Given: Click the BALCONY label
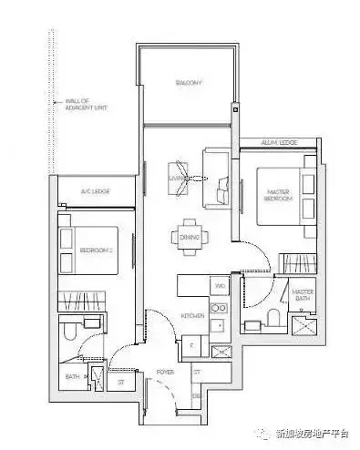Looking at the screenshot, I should point(189,83).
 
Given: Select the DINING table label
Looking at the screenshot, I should point(189,239).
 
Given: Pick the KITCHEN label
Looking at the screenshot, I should point(191,314).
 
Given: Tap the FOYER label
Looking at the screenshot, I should point(165,372).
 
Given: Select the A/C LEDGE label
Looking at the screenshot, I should point(94,191).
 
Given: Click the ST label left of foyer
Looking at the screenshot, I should point(120,383).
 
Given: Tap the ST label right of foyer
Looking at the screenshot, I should point(196,372).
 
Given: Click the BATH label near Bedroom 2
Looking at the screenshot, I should point(71,374).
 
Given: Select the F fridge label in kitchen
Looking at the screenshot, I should point(190,345).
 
